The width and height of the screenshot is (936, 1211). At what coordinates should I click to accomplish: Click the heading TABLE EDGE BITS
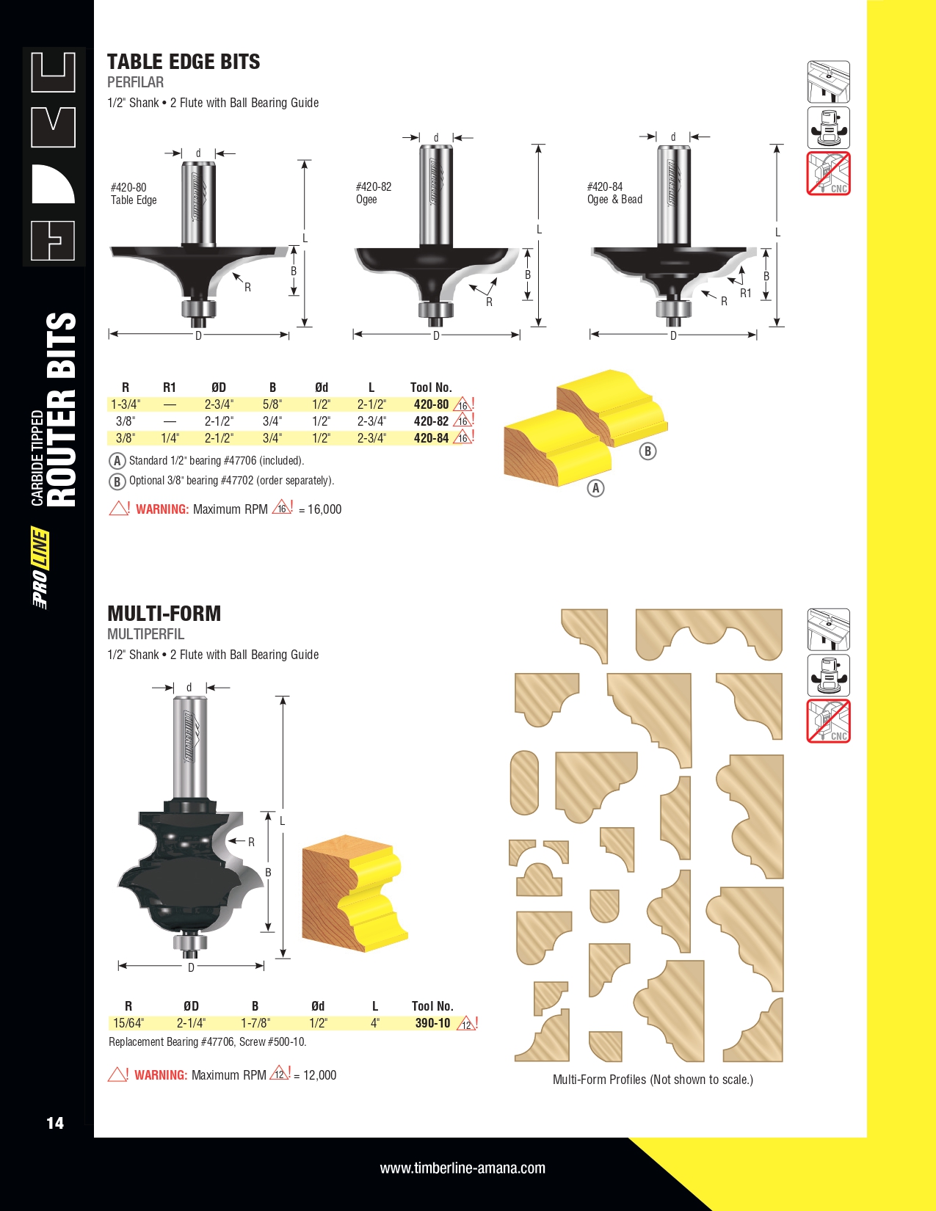[x=184, y=62]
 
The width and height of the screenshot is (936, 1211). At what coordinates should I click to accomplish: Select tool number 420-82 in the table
[x=431, y=421]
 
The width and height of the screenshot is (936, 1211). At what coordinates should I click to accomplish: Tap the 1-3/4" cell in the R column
[x=126, y=404]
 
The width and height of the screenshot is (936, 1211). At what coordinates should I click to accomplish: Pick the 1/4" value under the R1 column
[x=170, y=438]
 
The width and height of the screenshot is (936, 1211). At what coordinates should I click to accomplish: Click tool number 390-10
[x=432, y=1022]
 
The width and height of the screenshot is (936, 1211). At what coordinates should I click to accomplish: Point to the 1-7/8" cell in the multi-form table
[x=255, y=1022]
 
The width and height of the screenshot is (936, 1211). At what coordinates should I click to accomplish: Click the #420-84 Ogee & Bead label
[x=614, y=193]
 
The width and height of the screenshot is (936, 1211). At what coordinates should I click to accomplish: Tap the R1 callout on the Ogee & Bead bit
[x=745, y=293]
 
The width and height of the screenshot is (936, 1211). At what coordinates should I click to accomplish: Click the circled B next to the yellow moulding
[x=647, y=451]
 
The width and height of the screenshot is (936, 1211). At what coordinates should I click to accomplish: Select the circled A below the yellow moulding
[x=595, y=488]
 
